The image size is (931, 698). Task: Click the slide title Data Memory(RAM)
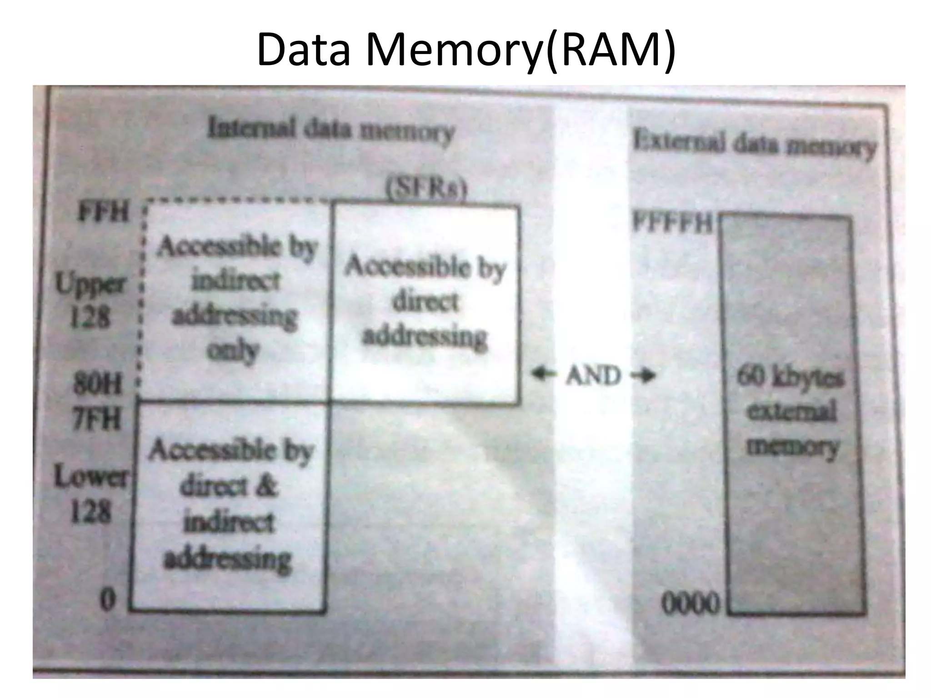465,49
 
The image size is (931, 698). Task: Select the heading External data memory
754,145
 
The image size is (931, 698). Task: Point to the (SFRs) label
426,190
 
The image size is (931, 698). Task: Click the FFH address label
104,213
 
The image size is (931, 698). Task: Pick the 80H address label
98,385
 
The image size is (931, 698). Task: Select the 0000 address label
691,605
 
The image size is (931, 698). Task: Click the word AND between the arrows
593,376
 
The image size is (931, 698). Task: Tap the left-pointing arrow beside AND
543,374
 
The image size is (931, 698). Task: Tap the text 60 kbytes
790,378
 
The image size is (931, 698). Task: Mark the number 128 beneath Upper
90,317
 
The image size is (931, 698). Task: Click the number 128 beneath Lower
90,513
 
